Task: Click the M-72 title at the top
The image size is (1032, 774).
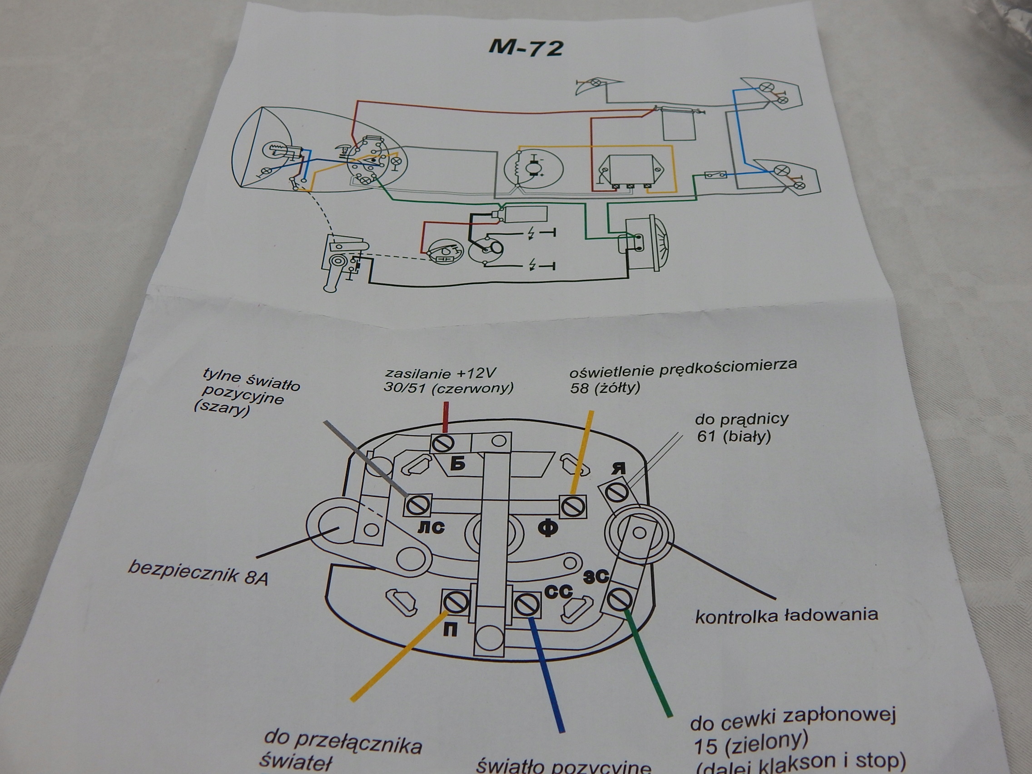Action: click(526, 48)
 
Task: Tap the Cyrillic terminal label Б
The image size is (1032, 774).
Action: click(459, 464)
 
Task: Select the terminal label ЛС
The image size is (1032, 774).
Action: click(431, 527)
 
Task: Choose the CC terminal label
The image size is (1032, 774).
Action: click(559, 592)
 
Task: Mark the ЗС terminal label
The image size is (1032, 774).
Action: click(596, 578)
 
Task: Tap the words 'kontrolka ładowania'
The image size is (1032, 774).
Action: click(786, 615)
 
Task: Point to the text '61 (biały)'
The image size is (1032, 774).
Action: click(734, 436)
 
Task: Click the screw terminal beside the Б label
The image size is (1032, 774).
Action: click(443, 443)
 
